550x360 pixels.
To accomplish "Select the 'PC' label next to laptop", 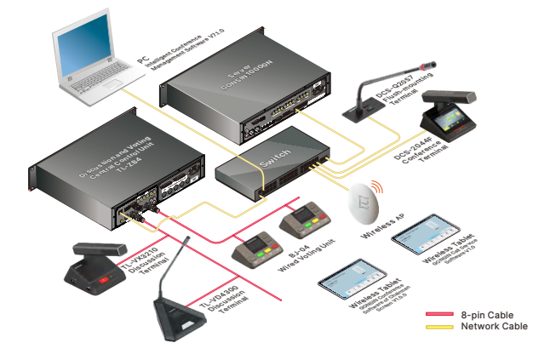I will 143,61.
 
